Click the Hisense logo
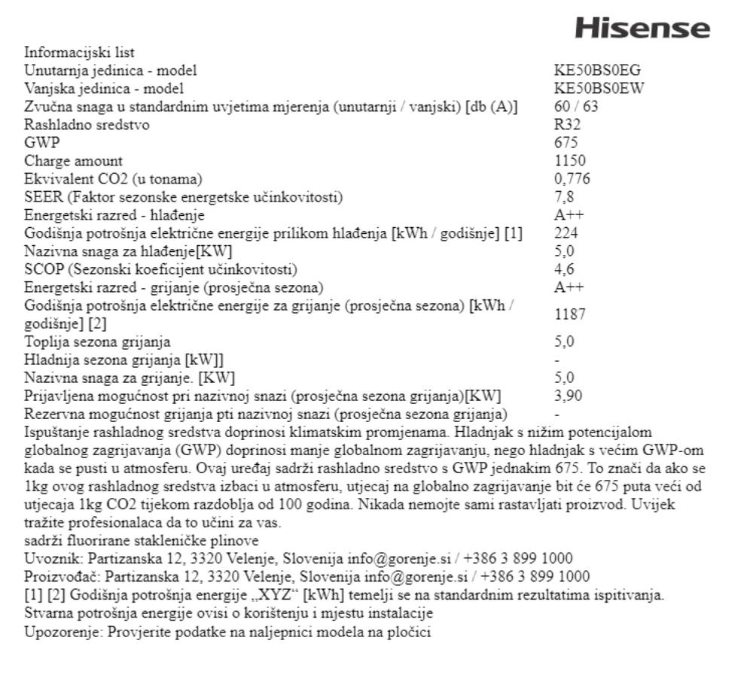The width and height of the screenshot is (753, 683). [642, 29]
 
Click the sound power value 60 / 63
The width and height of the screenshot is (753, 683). [576, 107]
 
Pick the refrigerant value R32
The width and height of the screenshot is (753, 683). [567, 125]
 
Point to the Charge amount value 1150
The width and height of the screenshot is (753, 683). [569, 161]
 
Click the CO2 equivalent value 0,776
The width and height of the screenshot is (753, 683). [572, 179]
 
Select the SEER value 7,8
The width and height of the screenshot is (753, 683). [564, 197]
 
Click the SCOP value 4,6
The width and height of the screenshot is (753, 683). [564, 269]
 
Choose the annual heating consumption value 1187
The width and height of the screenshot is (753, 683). [569, 314]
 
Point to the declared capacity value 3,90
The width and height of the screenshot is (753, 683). [568, 396]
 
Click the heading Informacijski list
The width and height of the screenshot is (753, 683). [79, 53]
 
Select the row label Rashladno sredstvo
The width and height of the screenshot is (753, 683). [86, 125]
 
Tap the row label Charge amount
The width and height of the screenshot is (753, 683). [73, 161]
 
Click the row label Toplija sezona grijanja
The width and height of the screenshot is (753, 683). [97, 341]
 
